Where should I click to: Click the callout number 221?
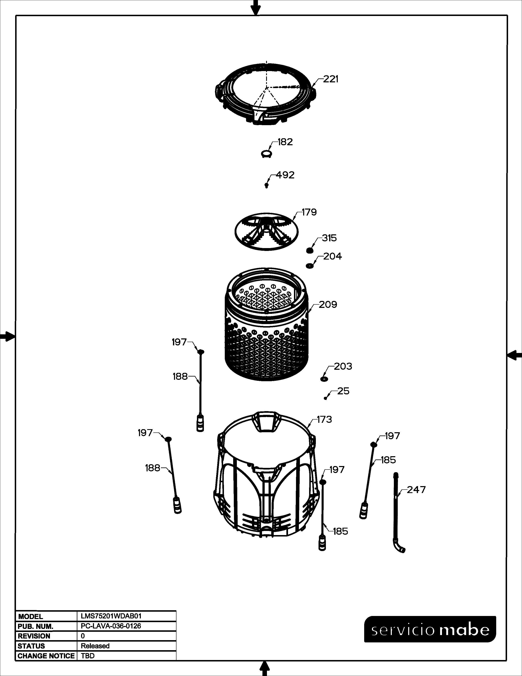coord(331,79)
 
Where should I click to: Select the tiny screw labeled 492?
coord(266,185)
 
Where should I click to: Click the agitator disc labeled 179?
coord(267,231)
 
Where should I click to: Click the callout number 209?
coord(328,305)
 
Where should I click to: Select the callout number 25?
coord(343,391)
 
